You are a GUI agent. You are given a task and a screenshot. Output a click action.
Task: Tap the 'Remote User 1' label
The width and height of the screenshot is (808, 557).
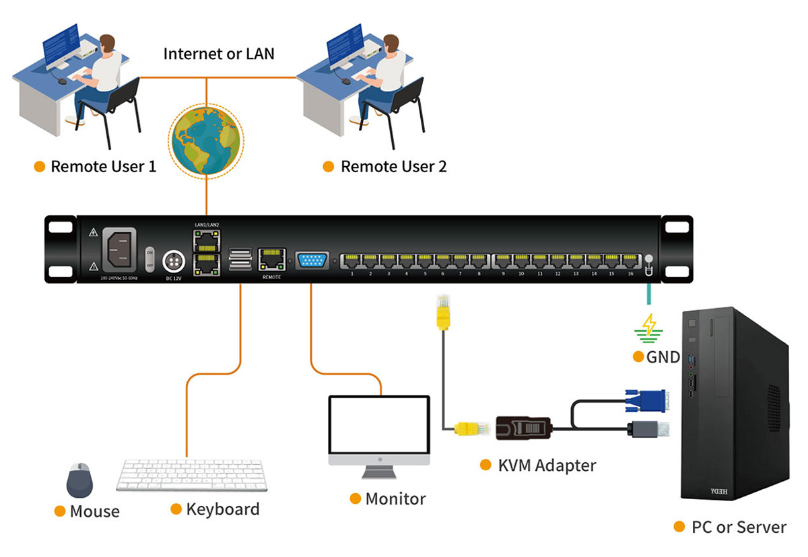[103, 166]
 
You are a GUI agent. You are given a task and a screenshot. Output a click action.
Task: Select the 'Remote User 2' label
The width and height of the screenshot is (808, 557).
[393, 166]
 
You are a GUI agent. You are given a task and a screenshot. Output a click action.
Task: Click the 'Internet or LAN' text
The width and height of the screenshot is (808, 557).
[219, 54]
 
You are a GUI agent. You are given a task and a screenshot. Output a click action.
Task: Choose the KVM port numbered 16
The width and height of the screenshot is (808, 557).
[630, 259]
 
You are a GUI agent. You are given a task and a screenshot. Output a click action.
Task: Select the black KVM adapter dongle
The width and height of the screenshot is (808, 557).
[525, 429]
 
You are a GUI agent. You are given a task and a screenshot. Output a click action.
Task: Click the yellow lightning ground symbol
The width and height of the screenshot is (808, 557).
[648, 326]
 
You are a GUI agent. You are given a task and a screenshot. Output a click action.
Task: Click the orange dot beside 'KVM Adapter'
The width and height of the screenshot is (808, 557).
[485, 465]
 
